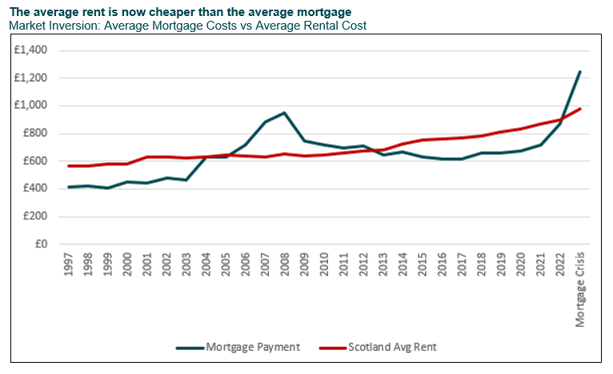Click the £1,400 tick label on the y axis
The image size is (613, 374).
32,50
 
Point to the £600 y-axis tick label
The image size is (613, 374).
36,161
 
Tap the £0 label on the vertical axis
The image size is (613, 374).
42,244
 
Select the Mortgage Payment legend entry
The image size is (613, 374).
252,348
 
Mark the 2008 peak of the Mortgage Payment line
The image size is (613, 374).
284,113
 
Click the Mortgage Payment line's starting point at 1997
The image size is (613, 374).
69,187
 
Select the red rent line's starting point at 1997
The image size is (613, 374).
69,166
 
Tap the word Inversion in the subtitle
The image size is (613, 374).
78,26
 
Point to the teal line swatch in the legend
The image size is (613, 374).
189,348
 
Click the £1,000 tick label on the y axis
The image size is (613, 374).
32,106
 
